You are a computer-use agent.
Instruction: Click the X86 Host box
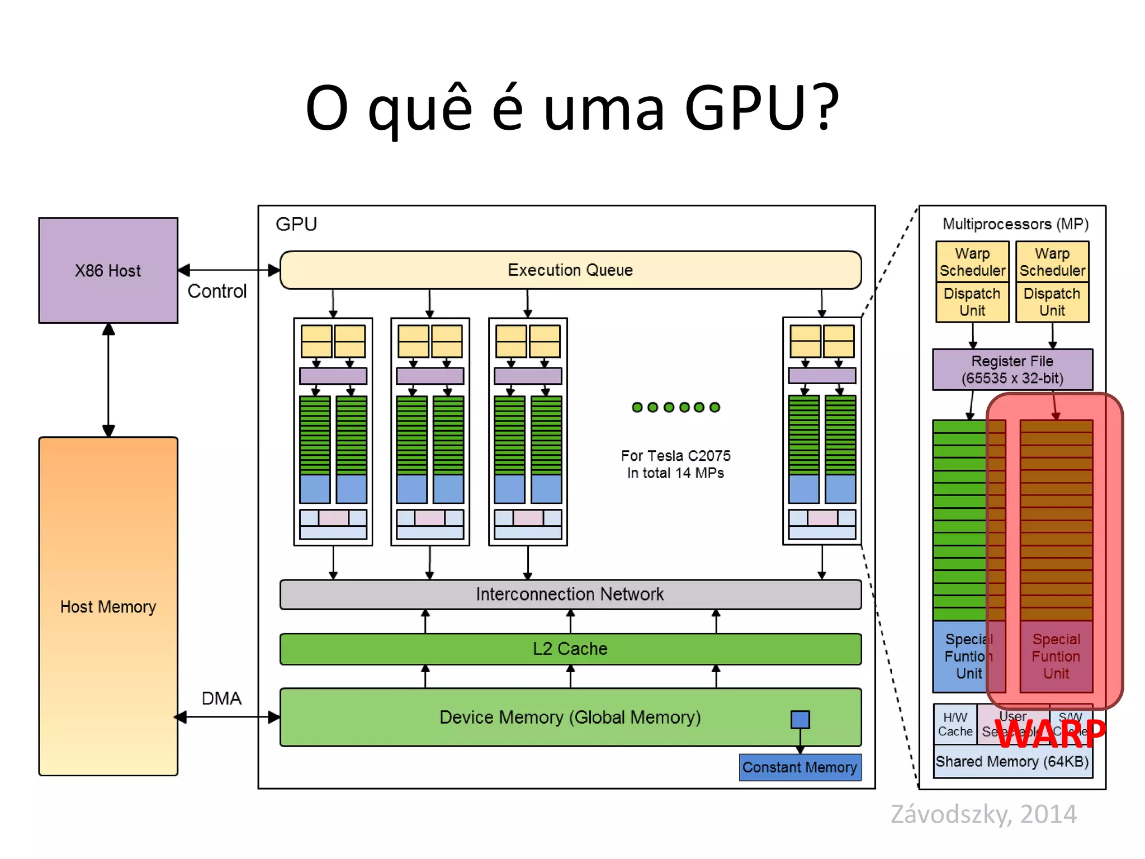point(108,270)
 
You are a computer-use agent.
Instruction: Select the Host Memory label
point(108,607)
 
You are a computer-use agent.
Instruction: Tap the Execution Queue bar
point(570,270)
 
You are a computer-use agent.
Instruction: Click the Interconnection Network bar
point(570,594)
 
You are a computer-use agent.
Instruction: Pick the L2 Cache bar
point(570,649)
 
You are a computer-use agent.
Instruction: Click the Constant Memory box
point(800,767)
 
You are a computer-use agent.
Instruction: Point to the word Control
point(217,291)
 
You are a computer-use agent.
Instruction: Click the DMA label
point(221,698)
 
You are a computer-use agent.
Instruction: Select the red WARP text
point(1051,734)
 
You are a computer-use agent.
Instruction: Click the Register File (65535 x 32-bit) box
point(1012,370)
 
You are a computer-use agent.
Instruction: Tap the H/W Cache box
point(955,724)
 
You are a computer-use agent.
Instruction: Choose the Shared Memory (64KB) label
point(1012,762)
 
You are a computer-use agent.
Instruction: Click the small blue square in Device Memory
point(800,719)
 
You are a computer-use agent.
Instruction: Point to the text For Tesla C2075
point(675,456)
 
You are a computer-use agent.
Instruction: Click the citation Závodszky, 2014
point(983,814)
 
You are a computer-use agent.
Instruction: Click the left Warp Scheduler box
point(972,262)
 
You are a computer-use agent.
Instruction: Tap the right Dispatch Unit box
point(1052,302)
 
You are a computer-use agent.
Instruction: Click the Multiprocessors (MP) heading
point(1015,224)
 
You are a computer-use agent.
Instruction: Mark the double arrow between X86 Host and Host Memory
point(108,380)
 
